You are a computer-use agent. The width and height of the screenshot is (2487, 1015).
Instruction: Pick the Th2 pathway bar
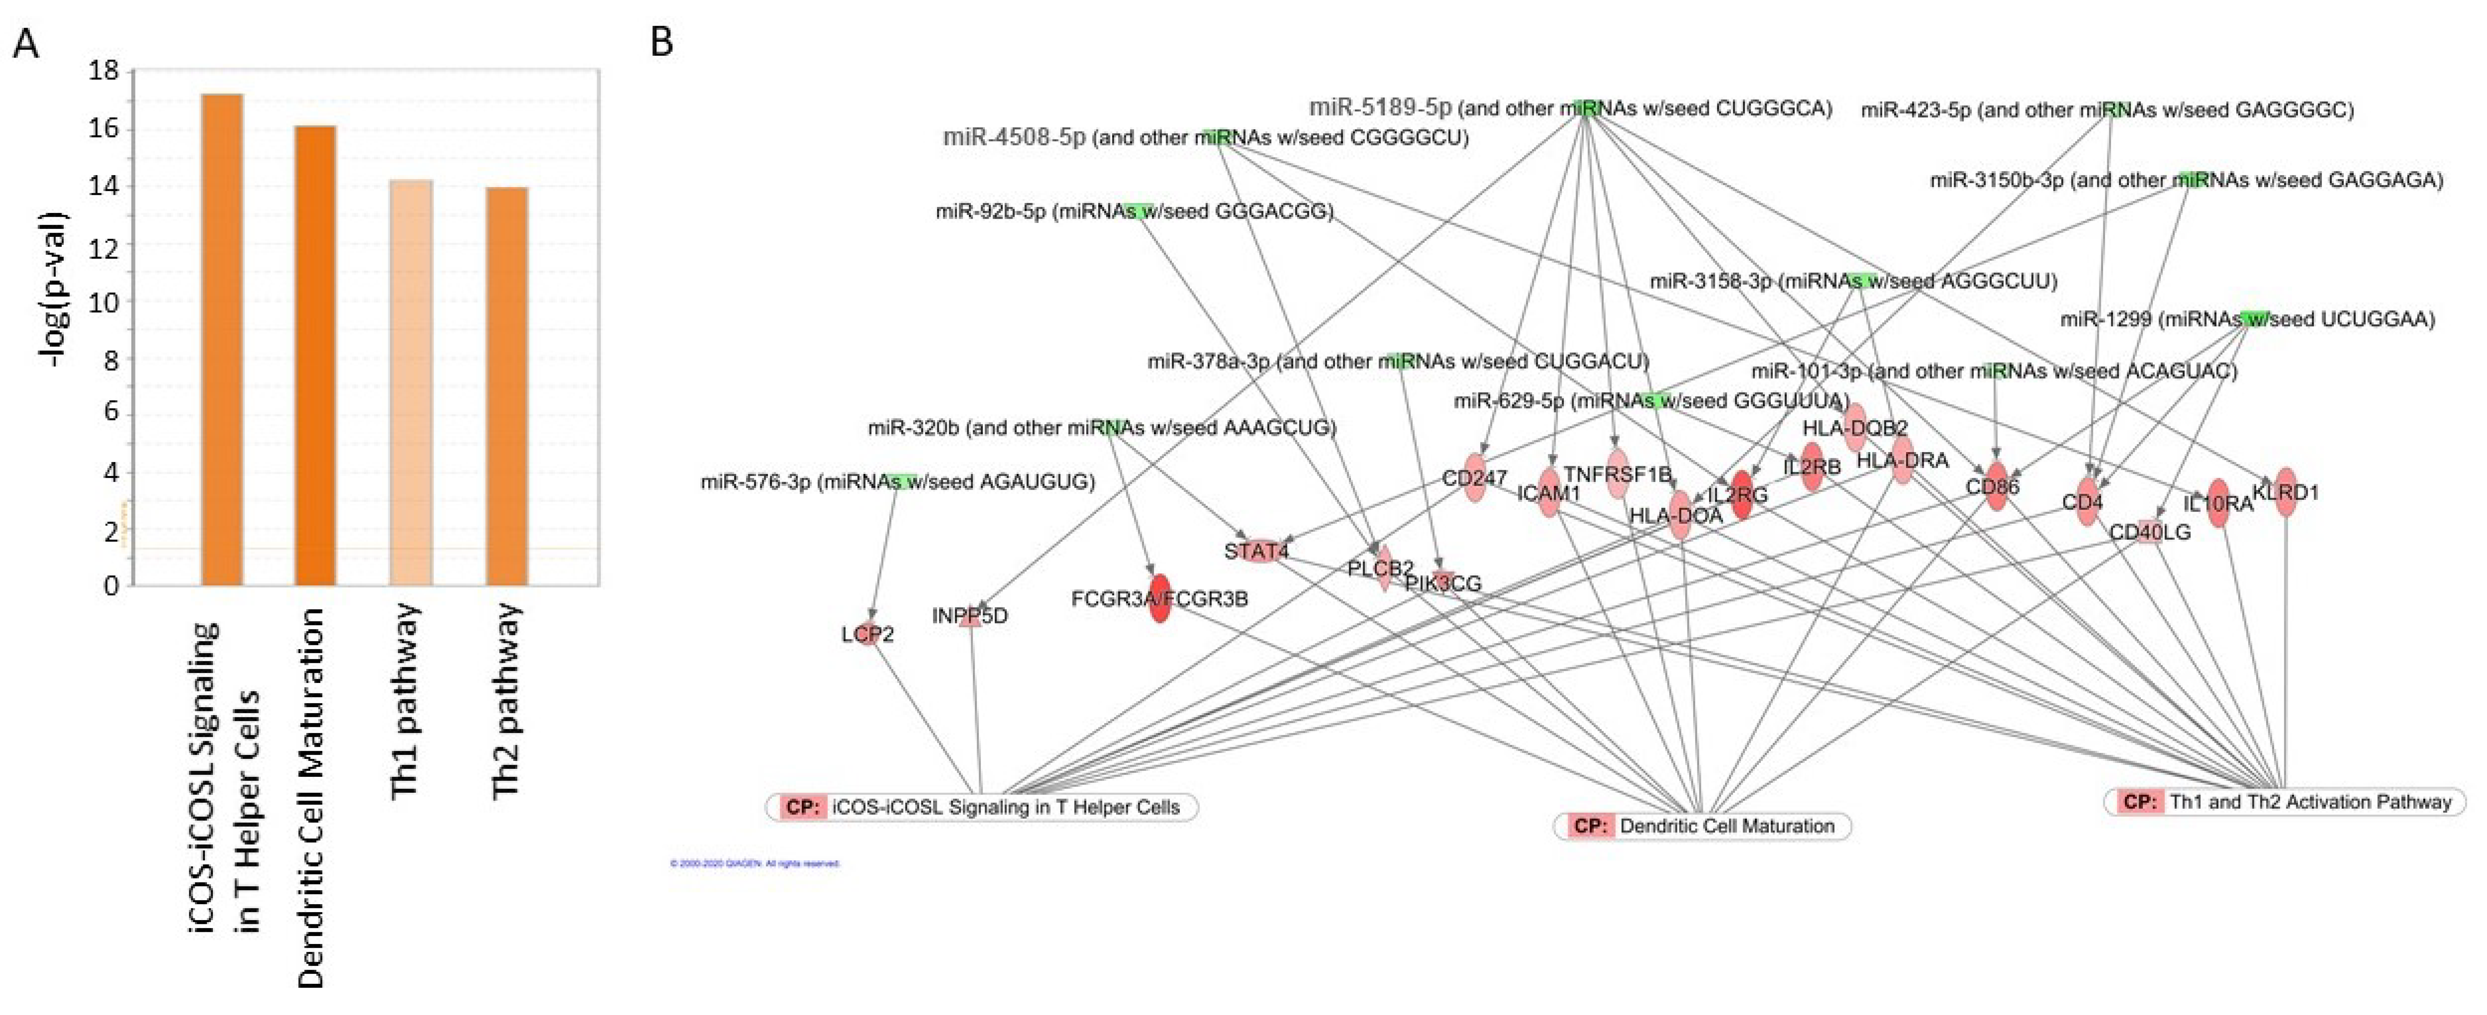click(x=507, y=386)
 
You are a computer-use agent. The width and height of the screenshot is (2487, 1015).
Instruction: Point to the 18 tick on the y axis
click(x=103, y=71)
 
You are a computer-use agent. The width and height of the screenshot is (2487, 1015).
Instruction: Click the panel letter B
click(x=661, y=42)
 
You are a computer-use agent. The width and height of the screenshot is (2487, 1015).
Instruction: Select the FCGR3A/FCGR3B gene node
click(x=1160, y=599)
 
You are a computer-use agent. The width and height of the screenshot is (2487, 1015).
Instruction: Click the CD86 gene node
click(x=1996, y=487)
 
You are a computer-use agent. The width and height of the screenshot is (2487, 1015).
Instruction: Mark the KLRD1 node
click(x=2285, y=493)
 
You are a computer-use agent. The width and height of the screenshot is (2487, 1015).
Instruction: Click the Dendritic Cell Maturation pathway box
click(x=1702, y=826)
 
